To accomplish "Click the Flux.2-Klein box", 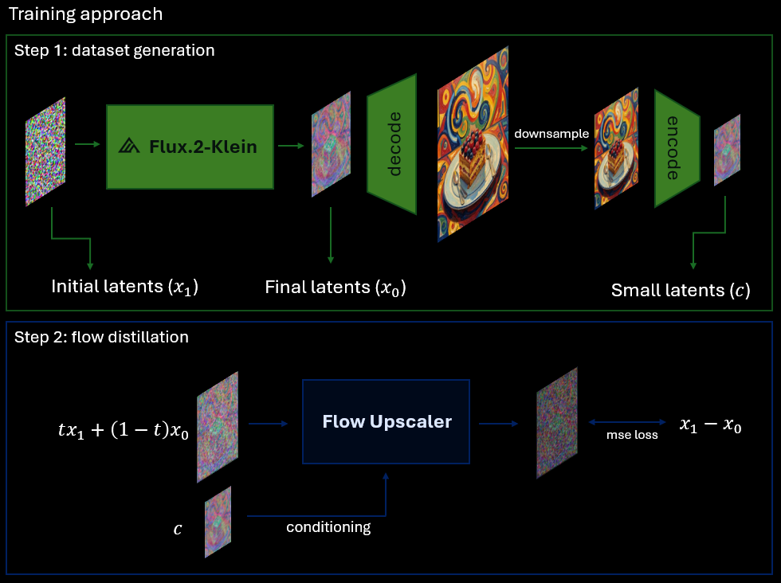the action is tap(190, 147).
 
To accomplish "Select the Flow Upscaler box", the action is tap(386, 421).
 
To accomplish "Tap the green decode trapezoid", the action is tap(391, 144).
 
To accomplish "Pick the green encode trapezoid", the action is tap(677, 148).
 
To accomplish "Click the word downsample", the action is tap(551, 134).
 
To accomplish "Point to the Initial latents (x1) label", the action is tap(124, 287).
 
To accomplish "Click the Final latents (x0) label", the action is tap(336, 288).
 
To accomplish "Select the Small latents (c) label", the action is tap(681, 290).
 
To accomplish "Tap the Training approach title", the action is tap(86, 14).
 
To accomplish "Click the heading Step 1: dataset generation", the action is tap(115, 50).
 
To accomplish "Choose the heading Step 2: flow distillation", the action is tap(102, 337).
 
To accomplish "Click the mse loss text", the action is tap(632, 435).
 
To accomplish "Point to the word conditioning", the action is tap(328, 527).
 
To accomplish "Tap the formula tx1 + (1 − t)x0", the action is tap(124, 429).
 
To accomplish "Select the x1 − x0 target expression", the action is tap(710, 425).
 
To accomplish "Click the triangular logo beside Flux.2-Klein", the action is tap(129, 146).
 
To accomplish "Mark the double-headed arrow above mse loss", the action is tap(627, 422).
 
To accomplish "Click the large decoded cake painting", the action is tap(473, 144).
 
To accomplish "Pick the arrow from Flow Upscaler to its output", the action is tap(499, 424).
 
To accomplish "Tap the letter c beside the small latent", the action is tap(178, 529).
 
